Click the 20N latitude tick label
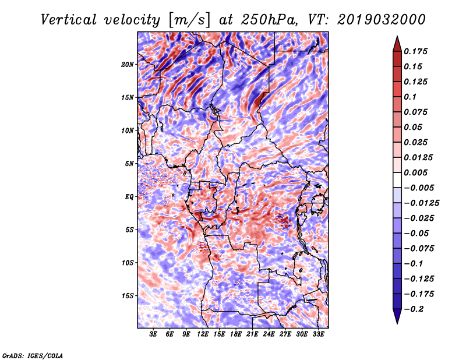click(128, 64)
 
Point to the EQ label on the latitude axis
click(129, 197)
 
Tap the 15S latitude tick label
click(128, 296)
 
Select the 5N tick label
click(129, 164)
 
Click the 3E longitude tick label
click(153, 334)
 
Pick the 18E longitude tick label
click(236, 334)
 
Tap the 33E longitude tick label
click(318, 334)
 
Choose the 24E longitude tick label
click(269, 334)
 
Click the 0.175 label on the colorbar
click(415, 51)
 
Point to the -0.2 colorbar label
click(414, 309)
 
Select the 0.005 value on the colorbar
click(415, 172)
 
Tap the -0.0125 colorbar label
click(421, 203)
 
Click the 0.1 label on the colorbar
click(410, 97)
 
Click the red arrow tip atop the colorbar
click(397, 37)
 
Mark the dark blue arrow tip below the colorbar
click(397, 323)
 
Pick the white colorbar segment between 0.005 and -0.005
click(397, 180)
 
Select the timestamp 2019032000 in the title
click(382, 20)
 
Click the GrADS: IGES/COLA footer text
click(33, 355)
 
